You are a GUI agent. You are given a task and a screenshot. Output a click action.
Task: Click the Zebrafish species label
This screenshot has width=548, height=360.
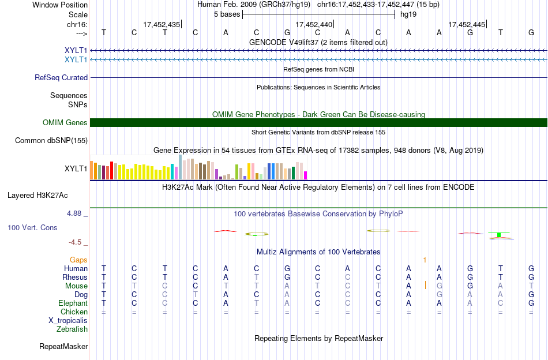coord(72,329)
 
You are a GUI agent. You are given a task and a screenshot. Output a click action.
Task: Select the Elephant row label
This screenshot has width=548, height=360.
coord(73,303)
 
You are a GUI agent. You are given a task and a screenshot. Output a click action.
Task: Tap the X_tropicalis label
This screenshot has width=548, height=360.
coord(68,321)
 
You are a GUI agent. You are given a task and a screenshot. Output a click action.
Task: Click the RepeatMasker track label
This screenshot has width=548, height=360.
coord(63,346)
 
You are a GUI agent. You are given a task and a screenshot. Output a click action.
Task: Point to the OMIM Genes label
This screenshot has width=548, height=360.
coord(65,122)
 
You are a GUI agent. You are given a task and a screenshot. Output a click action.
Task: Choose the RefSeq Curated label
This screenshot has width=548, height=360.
coord(61,77)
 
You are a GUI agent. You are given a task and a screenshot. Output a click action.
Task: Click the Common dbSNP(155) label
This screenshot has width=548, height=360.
coord(51,141)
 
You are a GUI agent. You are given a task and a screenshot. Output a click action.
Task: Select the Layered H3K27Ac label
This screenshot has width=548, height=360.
coord(37,196)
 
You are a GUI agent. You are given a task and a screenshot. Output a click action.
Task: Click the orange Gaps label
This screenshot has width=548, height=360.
coord(78,260)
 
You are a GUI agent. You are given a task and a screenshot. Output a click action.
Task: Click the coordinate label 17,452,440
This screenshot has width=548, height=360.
coord(314,24)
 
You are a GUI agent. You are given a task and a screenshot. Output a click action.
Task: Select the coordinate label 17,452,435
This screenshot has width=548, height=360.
coord(162,24)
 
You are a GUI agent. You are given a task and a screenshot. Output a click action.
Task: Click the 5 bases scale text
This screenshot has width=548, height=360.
coord(227,14)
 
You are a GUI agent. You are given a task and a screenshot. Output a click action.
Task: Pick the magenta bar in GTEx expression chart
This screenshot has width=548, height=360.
coord(306,175)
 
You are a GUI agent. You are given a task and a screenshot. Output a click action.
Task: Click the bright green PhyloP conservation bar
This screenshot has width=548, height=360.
coord(499,235)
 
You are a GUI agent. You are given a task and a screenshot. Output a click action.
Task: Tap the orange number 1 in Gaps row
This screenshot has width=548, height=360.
coord(425,260)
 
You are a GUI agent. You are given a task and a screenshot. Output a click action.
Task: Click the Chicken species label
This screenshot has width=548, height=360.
coord(74,312)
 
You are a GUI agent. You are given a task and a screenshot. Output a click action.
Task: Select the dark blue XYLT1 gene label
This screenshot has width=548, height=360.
coord(76,50)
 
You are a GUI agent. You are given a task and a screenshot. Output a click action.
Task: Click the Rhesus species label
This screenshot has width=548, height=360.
coord(75,277)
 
